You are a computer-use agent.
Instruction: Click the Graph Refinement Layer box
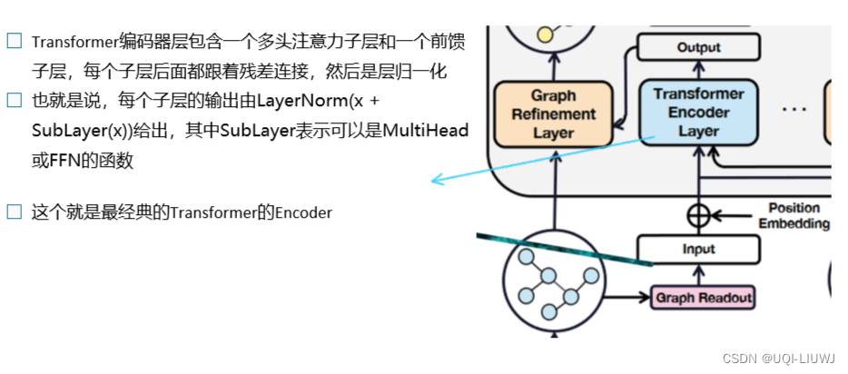coord(553,114)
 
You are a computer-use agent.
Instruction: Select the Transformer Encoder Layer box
coord(698,113)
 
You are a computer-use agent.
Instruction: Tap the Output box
coord(698,47)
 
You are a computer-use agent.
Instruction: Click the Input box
coord(698,249)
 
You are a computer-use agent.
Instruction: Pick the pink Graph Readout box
coord(703,297)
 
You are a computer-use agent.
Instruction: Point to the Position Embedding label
coord(794,216)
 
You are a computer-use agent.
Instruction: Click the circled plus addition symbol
coord(698,215)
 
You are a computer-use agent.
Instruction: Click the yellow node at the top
coord(545,34)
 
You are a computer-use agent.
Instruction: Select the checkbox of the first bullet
coord(14,41)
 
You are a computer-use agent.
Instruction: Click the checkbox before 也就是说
coord(14,100)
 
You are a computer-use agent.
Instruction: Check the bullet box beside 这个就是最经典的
coord(14,212)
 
